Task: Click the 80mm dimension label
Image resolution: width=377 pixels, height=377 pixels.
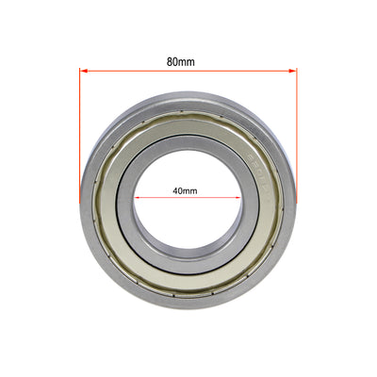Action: pos(180,61)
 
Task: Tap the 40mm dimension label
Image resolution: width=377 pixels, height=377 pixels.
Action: pos(185,189)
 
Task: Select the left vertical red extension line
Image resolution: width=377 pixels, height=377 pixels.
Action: pos(80,132)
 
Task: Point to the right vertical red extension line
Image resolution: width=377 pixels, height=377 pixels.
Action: pos(297,132)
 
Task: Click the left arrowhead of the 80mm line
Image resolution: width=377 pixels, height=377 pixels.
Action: pos(84,72)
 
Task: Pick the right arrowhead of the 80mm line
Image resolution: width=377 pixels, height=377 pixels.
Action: pos(293,72)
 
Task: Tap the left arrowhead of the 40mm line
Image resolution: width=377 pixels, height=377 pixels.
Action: pos(138,198)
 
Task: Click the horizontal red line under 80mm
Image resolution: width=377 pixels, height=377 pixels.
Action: pos(188,72)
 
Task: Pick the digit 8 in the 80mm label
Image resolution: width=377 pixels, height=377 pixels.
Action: pos(171,61)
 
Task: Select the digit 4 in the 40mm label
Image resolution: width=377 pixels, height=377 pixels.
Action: pos(175,189)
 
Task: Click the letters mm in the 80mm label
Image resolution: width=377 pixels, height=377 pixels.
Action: pos(187,61)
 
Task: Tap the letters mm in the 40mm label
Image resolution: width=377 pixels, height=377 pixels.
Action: pos(191,189)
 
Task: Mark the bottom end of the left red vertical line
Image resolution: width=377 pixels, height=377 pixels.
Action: pos(80,200)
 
